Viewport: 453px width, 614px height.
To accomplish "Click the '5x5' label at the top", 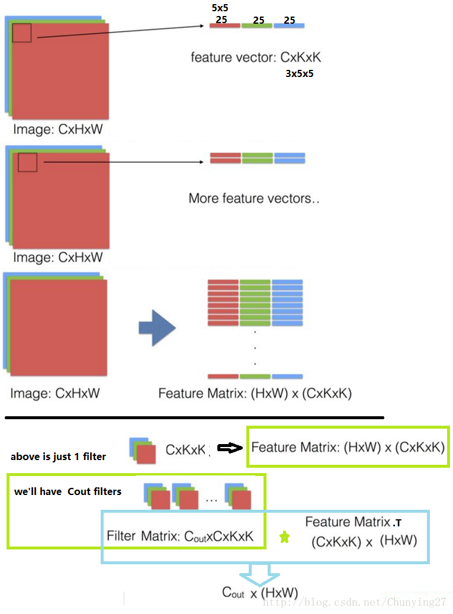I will tap(220, 8).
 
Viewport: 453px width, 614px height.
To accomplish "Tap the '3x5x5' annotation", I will tap(299, 74).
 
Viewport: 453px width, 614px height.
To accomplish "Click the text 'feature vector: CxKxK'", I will tap(256, 57).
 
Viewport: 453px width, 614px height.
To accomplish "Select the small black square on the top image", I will tap(21, 33).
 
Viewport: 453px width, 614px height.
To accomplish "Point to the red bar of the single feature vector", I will tap(224, 26).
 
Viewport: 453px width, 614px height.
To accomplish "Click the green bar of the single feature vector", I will tap(257, 26).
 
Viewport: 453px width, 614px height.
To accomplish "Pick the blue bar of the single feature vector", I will tap(289, 26).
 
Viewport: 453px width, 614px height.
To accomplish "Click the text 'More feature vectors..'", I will tap(253, 198).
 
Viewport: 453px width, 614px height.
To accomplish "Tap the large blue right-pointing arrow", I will tap(157, 327).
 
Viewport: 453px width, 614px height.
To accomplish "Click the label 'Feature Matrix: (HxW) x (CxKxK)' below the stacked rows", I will tap(255, 393).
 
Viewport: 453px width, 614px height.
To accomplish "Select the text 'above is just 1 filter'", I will tap(58, 457).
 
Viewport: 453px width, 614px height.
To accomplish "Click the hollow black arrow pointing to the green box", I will tap(230, 448).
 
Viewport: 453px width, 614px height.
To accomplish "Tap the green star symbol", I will tap(285, 537).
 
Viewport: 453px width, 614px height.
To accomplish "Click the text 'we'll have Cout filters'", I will tap(68, 491).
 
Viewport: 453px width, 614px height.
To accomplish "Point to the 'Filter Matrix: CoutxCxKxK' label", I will tap(180, 536).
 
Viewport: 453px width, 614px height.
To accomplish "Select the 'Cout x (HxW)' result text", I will tap(260, 593).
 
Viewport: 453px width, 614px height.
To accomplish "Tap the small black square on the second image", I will tap(27, 162).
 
